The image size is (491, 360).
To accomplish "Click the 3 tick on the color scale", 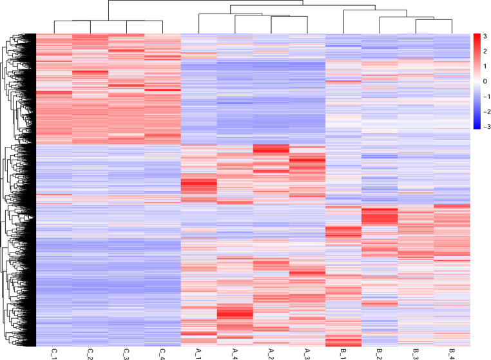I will coord(485,36).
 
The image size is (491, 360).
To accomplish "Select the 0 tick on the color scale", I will coord(485,81).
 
